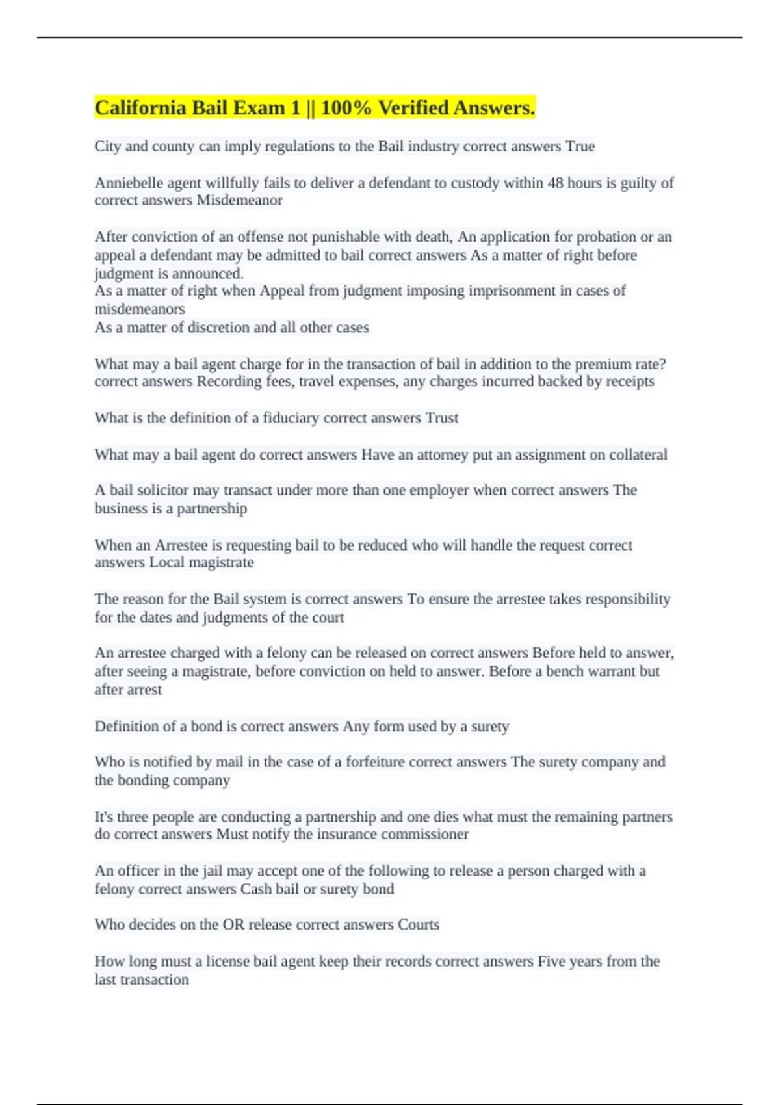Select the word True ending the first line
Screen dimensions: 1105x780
(x=580, y=146)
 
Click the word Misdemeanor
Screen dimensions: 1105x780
(x=239, y=200)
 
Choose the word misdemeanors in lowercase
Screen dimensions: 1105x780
(x=140, y=309)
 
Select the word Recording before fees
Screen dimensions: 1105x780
(x=227, y=382)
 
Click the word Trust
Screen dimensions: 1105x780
(x=442, y=418)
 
